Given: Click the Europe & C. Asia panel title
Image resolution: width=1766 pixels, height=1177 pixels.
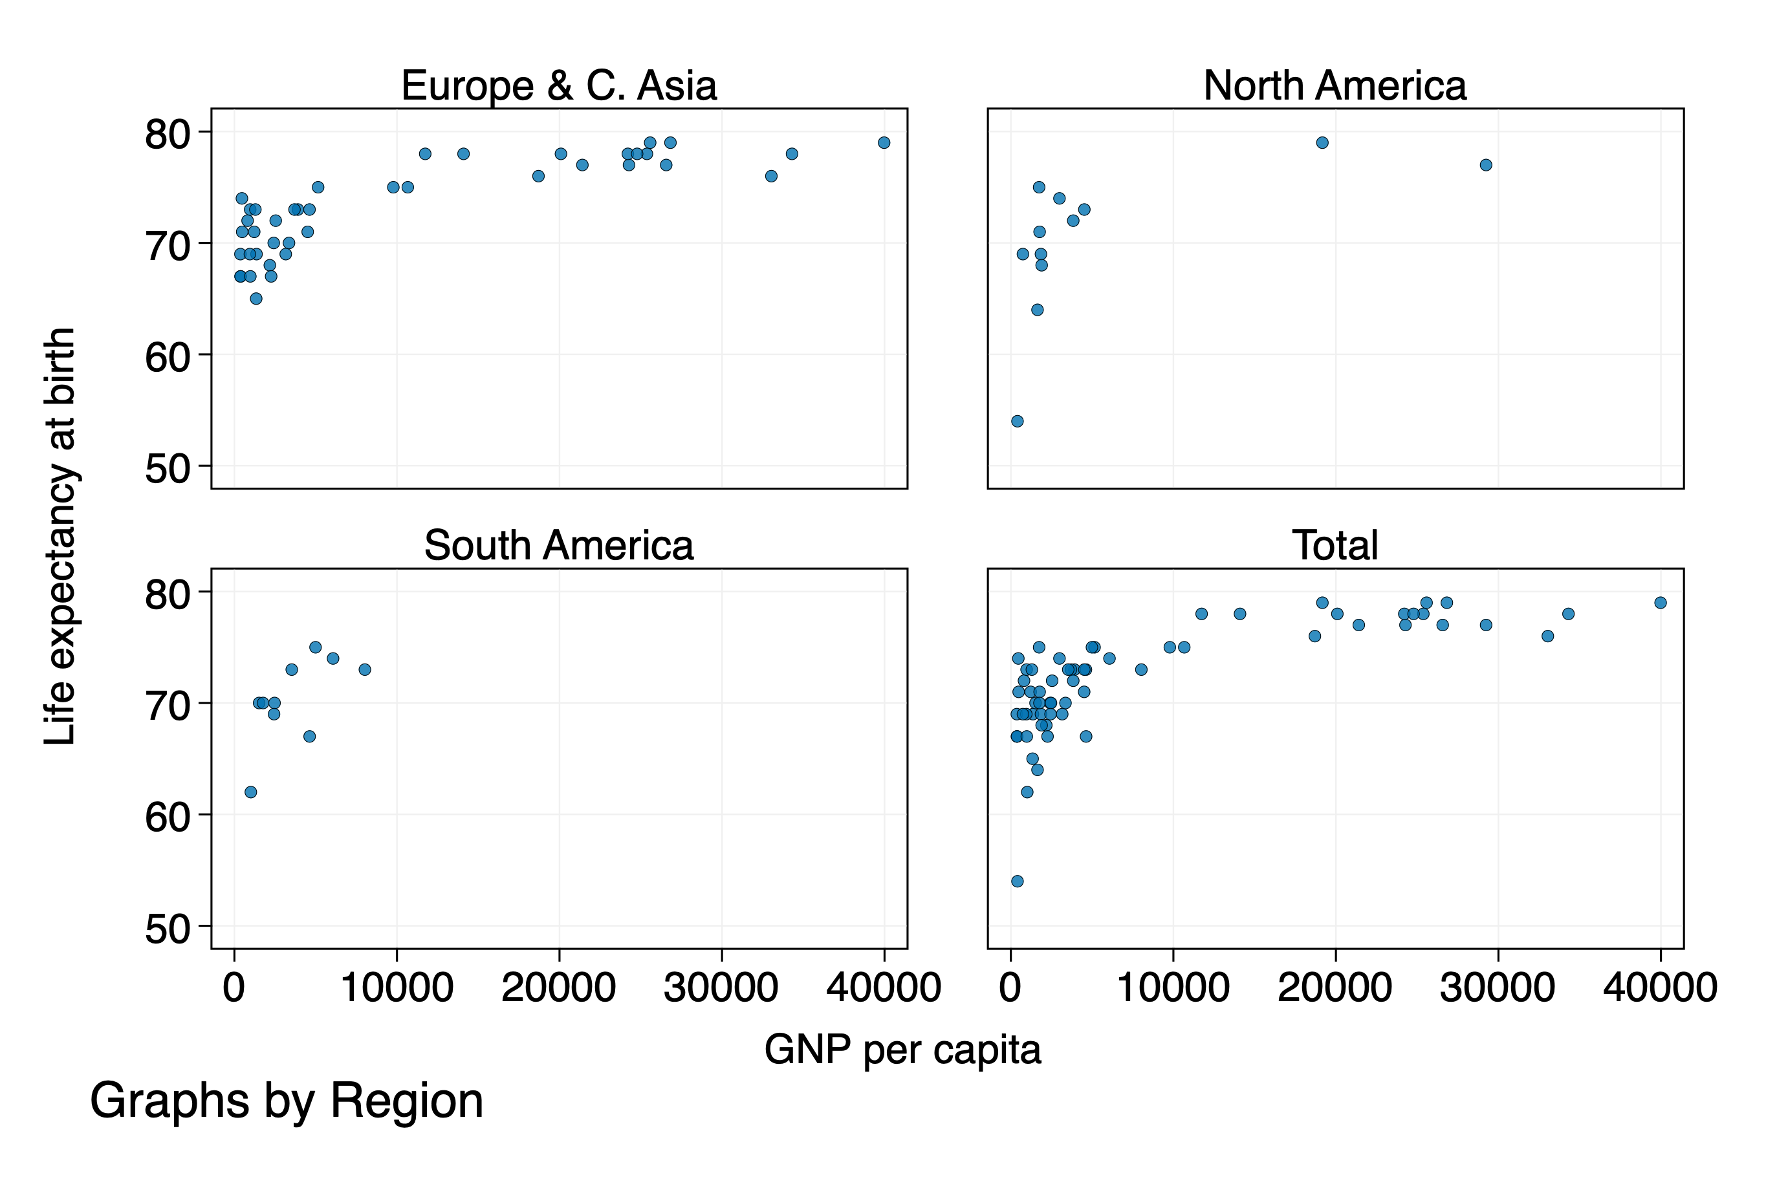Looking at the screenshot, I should pyautogui.click(x=559, y=85).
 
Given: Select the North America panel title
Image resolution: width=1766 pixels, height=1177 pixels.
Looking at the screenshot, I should pyautogui.click(x=1335, y=85).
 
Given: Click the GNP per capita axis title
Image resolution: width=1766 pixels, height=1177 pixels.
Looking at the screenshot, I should pyautogui.click(x=902, y=1049).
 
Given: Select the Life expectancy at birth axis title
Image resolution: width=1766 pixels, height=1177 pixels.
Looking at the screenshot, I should pyautogui.click(x=60, y=536).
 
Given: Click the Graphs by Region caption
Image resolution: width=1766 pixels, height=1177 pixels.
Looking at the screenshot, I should pyautogui.click(x=286, y=1101).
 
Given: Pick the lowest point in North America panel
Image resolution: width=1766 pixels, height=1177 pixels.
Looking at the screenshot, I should pyautogui.click(x=1018, y=421).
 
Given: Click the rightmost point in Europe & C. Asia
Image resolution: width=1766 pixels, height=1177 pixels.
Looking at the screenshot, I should pyautogui.click(x=884, y=143).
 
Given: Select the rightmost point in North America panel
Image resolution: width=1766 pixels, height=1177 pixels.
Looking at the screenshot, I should pyautogui.click(x=1486, y=165).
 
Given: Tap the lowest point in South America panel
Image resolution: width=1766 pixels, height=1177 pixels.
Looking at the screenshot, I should pyautogui.click(x=251, y=792).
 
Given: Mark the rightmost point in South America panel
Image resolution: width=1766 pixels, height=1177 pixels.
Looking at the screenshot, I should pyautogui.click(x=365, y=669).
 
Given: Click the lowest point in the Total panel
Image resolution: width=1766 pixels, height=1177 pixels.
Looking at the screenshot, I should pyautogui.click(x=1018, y=881).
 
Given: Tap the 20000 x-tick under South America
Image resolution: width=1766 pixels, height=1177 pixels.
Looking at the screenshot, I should pyautogui.click(x=559, y=987).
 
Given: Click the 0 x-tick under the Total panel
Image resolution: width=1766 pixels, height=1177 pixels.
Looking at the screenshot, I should pyautogui.click(x=1010, y=987).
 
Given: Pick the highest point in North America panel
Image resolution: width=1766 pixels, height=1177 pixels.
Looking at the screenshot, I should pyautogui.click(x=1322, y=143).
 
